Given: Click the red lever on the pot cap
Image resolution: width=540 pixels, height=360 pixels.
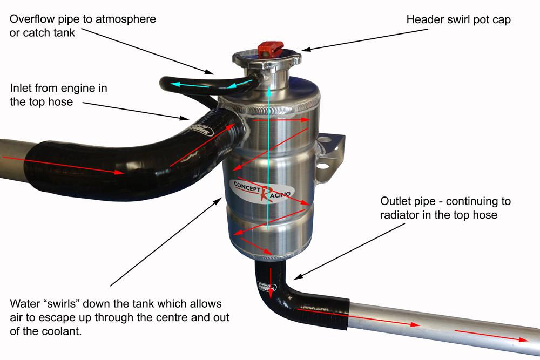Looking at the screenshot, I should coord(268,49).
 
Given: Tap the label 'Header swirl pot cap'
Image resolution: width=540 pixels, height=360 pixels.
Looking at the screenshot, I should coord(458,19).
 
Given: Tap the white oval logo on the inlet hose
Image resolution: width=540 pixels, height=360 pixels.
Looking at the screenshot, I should coord(204,130).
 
